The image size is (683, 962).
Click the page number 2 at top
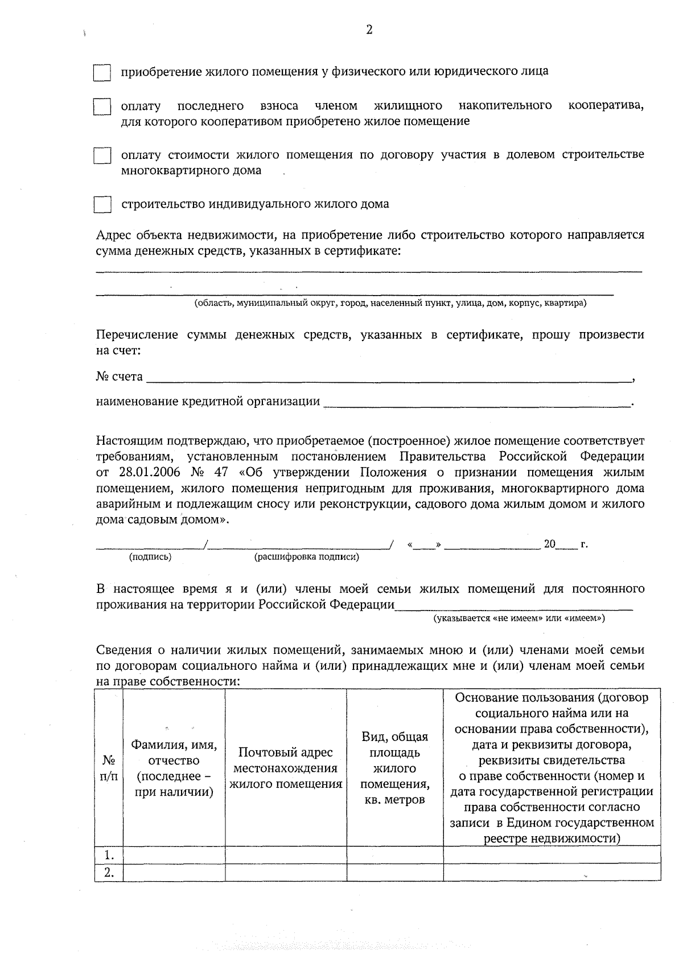(369, 30)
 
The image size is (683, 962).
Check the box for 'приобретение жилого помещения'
(102, 73)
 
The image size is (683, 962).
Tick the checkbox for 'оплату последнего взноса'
(102, 107)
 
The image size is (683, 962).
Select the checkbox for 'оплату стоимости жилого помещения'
(102, 155)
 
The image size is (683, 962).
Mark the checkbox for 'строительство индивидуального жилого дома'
(102, 204)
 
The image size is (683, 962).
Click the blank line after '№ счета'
(387, 377)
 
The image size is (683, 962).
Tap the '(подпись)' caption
(150, 557)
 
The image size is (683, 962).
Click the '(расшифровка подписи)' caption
(306, 557)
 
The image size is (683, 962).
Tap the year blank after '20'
(566, 545)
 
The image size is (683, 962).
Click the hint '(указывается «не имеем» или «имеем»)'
(519, 618)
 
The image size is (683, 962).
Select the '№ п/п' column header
(109, 768)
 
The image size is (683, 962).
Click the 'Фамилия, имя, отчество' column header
(174, 768)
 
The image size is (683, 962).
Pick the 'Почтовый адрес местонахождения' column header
(286, 768)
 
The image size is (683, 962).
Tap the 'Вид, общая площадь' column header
(394, 768)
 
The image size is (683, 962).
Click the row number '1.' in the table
(109, 855)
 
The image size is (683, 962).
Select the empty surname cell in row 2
(174, 872)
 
